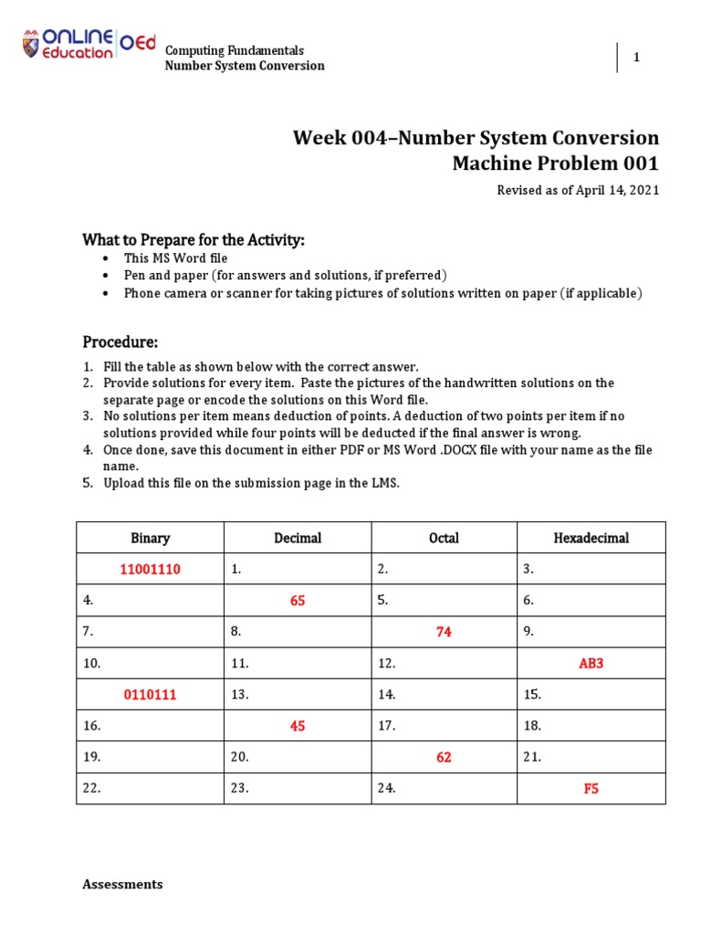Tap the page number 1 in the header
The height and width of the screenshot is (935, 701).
point(636,58)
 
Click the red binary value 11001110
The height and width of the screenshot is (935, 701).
point(151,569)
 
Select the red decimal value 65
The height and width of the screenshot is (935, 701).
point(298,601)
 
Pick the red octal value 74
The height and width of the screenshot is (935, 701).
point(444,632)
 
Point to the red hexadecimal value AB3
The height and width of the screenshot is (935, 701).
point(591,663)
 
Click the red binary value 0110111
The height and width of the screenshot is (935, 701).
point(151,695)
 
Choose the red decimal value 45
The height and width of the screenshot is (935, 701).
point(298,726)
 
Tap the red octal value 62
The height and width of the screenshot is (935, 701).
point(444,757)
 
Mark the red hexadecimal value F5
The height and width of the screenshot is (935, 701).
point(591,788)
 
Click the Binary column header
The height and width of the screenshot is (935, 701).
point(151,538)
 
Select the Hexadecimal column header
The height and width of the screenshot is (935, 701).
point(591,538)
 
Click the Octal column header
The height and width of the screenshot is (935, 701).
point(444,538)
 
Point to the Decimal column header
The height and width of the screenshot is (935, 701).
point(298,538)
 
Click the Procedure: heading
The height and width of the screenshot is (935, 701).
point(120,342)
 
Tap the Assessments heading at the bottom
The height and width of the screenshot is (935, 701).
point(122,884)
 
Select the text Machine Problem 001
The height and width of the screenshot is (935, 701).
point(555,163)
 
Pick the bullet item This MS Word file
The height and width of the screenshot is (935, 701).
point(175,258)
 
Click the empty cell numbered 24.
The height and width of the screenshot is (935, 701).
point(444,788)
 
